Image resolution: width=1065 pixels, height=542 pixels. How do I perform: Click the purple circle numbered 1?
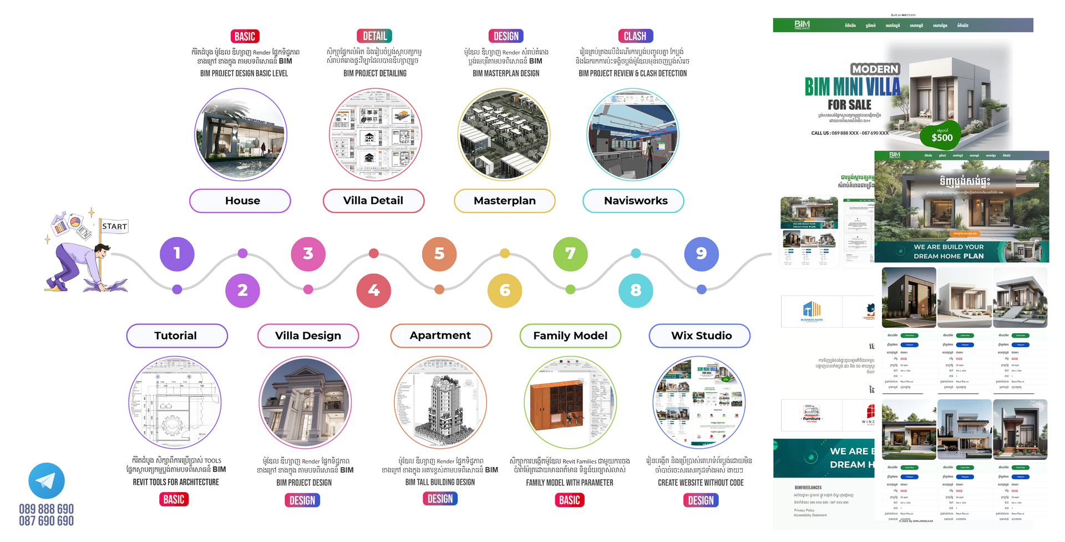(177, 253)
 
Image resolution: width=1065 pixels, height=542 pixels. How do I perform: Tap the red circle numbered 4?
(373, 290)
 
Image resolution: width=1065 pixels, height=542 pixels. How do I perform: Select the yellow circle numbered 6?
(504, 290)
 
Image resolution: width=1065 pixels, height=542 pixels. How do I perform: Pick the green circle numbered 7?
(570, 253)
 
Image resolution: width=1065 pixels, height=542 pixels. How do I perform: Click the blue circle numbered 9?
(701, 253)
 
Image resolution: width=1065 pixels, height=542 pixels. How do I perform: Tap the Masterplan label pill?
(504, 200)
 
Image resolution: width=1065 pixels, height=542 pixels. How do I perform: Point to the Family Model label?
(570, 336)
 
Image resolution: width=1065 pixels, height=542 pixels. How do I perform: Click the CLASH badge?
(635, 36)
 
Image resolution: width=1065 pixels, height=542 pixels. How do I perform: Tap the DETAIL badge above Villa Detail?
(374, 36)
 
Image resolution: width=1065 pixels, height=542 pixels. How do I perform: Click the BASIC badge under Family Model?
(569, 500)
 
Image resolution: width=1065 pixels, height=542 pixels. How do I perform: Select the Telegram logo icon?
(47, 480)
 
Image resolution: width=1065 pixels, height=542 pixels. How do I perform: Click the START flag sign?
(114, 227)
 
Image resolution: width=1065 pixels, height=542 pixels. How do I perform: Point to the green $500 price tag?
(941, 136)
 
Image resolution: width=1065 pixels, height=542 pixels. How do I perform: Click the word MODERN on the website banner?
(875, 69)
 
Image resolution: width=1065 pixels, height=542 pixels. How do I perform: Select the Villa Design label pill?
(308, 336)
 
